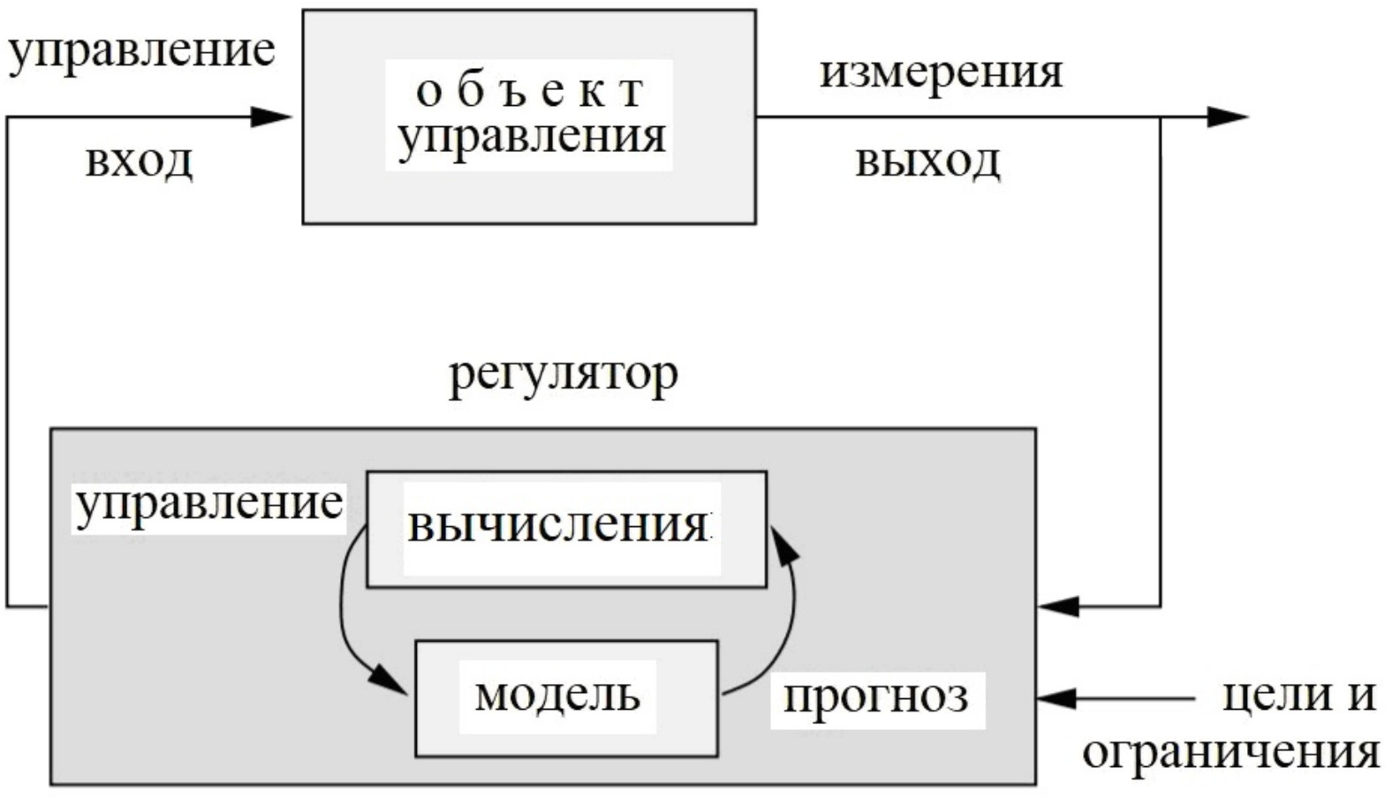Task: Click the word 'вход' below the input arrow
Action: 139,162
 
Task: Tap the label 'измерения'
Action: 941,72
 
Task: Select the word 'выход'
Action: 927,162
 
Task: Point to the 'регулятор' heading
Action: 564,374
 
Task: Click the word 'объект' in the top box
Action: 529,90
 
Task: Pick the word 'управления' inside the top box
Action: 531,136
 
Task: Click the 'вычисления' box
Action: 566,529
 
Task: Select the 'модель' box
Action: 566,697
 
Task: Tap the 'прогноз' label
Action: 876,697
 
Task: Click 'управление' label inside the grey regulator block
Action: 208,505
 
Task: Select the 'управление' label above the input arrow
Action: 141,50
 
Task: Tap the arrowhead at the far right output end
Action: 1228,117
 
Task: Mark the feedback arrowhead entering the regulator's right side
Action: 1057,606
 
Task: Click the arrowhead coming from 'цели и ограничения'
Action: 1057,698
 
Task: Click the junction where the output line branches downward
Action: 1160,117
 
